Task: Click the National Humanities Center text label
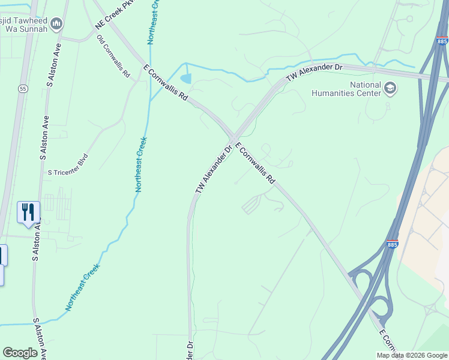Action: click(348, 89)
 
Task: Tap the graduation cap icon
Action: click(391, 89)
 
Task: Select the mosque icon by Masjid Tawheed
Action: click(57, 24)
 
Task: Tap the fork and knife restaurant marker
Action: click(28, 213)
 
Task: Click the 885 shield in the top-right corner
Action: click(442, 41)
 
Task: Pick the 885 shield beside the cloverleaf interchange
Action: click(393, 244)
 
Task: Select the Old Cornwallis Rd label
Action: click(113, 57)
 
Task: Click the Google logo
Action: click(20, 353)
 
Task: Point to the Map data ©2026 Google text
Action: click(412, 355)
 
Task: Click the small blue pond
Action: click(186, 79)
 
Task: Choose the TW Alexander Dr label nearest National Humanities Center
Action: click(314, 73)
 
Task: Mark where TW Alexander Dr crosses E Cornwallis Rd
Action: click(232, 137)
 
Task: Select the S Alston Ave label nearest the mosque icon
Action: click(53, 65)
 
